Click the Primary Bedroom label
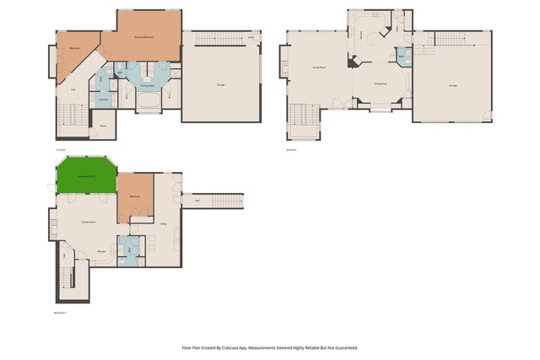tap(148, 38)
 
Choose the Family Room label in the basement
tap(87, 221)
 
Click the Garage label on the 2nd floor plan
tap(452, 85)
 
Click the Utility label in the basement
tap(162, 223)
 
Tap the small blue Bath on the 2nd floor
tap(402, 56)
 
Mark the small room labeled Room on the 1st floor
tap(102, 126)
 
